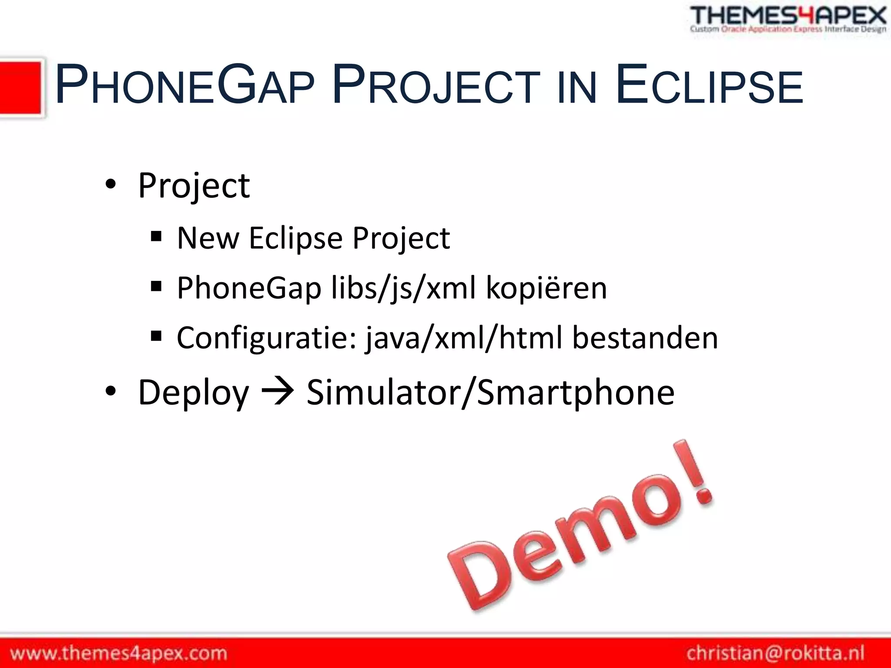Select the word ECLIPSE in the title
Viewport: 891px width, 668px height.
[709, 85]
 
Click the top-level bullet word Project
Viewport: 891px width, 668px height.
[194, 186]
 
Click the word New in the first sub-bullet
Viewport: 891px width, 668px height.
[208, 238]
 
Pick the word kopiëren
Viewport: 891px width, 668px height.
[546, 288]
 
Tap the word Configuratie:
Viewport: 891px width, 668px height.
[267, 338]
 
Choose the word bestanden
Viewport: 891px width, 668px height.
[644, 338]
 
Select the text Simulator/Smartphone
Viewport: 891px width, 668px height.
[490, 392]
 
